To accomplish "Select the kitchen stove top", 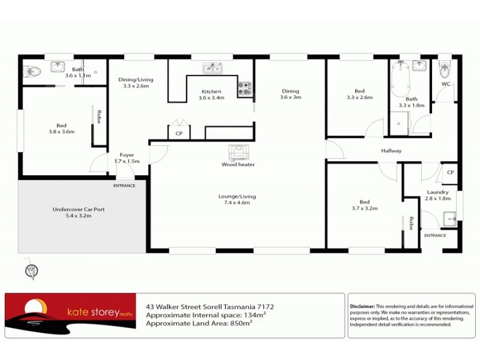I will coord(245,89).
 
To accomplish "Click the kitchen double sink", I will coord(212,68).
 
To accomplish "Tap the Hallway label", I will coord(391,151).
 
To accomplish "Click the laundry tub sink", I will coord(448,218).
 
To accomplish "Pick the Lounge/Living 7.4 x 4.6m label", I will coord(237,199).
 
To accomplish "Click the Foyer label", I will coord(127,158).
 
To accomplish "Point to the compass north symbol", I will coord(31,271).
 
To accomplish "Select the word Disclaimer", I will coord(362,306).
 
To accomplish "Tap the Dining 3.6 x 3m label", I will coord(290,94).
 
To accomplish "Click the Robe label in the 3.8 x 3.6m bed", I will coord(99,116).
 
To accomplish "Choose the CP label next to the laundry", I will coord(451,172).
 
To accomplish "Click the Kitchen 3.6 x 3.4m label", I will coord(211,94).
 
